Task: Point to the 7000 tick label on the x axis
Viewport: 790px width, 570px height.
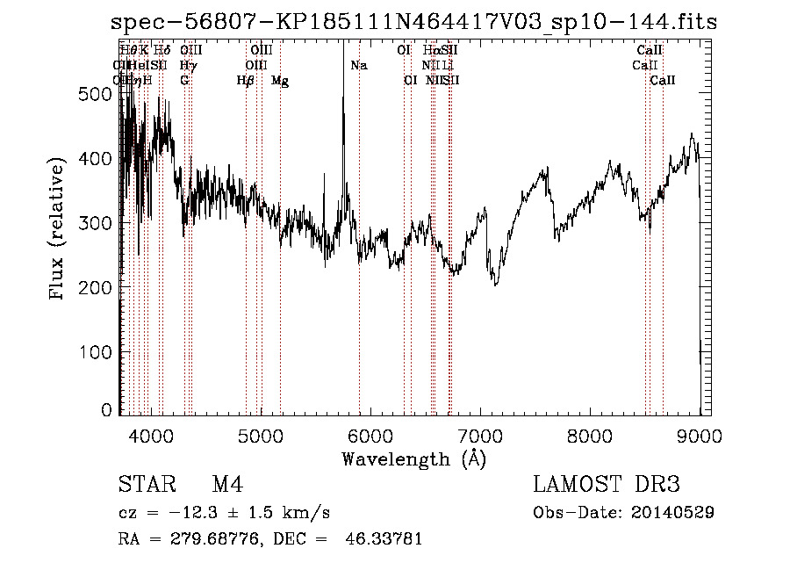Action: click(479, 435)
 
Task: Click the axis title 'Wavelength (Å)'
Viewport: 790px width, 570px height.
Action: click(413, 458)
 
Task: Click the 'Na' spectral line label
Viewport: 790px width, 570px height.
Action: click(358, 66)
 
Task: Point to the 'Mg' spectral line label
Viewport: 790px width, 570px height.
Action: click(280, 81)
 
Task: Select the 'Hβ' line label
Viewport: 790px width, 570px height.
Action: click(246, 81)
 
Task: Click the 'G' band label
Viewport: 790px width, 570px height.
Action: click(184, 81)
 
